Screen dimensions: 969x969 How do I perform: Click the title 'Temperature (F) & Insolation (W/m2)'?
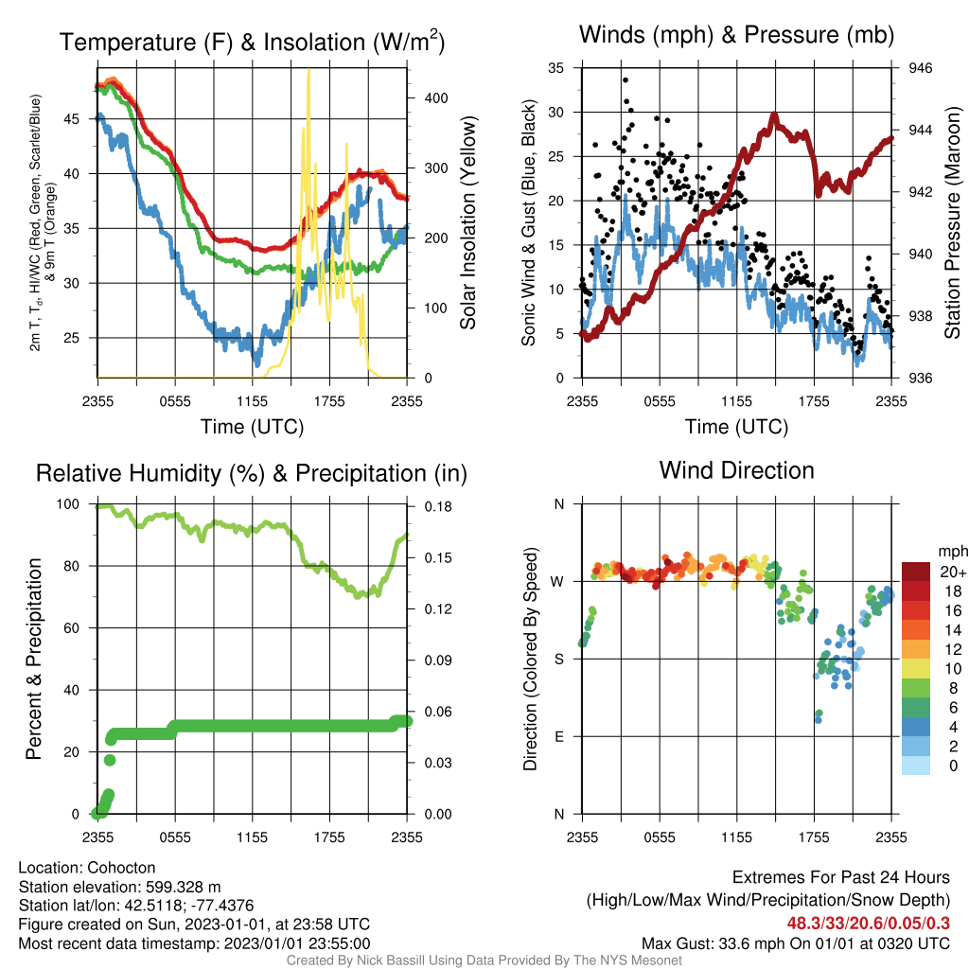[252, 42]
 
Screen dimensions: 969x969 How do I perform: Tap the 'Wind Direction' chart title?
[736, 470]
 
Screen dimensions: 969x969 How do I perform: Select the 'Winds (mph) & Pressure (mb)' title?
[736, 35]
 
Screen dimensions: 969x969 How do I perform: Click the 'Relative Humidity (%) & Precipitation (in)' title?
[252, 473]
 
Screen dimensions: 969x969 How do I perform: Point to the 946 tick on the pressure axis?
[920, 68]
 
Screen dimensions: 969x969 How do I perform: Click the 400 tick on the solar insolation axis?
[435, 98]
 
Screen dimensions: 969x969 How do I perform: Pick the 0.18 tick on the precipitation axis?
[438, 507]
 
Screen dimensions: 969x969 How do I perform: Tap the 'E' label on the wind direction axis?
[559, 736]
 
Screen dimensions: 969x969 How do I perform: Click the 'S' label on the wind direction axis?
[559, 660]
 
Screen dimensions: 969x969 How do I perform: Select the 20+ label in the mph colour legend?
[953, 573]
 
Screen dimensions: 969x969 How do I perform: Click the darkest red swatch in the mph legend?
[916, 572]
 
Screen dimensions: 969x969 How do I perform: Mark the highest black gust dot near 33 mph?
[625, 80]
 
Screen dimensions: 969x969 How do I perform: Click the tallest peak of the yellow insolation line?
[308, 70]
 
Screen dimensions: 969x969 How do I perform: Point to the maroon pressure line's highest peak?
[774, 115]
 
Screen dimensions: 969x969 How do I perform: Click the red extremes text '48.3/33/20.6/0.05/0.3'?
[869, 924]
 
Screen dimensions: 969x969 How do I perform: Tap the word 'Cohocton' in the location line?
[121, 868]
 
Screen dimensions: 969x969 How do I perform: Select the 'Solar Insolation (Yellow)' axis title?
[467, 222]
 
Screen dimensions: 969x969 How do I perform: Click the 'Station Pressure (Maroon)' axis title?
[952, 222]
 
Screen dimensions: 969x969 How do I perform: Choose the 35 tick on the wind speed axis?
[556, 68]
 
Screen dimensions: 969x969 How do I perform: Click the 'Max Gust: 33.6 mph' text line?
[795, 943]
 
